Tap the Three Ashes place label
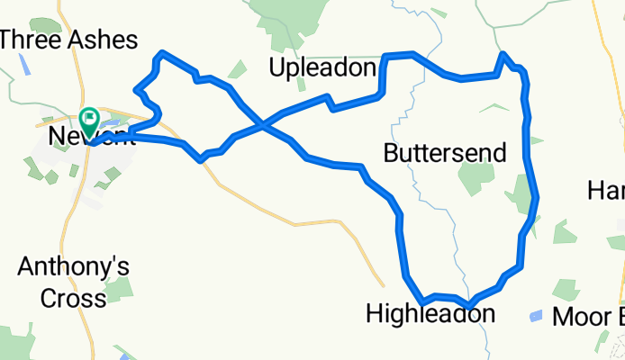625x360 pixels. point(69,40)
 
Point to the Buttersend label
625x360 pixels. point(444,152)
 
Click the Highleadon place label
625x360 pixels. point(430,314)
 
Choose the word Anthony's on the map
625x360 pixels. point(75,267)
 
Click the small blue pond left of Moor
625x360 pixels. point(536,316)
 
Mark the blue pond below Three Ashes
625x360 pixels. point(25,66)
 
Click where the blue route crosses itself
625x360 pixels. point(262,126)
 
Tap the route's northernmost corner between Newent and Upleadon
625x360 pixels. point(161,54)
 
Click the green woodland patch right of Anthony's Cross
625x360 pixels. point(119,288)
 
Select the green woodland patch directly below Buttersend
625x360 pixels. point(476,178)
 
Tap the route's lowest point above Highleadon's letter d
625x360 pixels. point(468,303)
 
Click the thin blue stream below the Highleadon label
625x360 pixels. point(486,337)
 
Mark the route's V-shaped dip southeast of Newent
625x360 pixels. point(202,159)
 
